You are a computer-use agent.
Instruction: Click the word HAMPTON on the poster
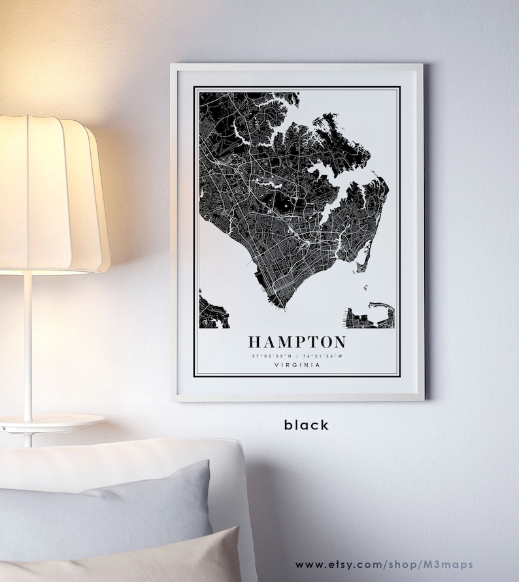297,342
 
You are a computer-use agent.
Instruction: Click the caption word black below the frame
306,425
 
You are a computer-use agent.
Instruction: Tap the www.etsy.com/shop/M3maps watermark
384,564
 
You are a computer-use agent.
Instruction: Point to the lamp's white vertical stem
27,346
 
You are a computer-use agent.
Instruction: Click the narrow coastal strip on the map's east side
366,255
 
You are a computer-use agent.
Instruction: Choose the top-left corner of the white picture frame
173,65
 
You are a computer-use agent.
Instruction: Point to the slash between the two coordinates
297,356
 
